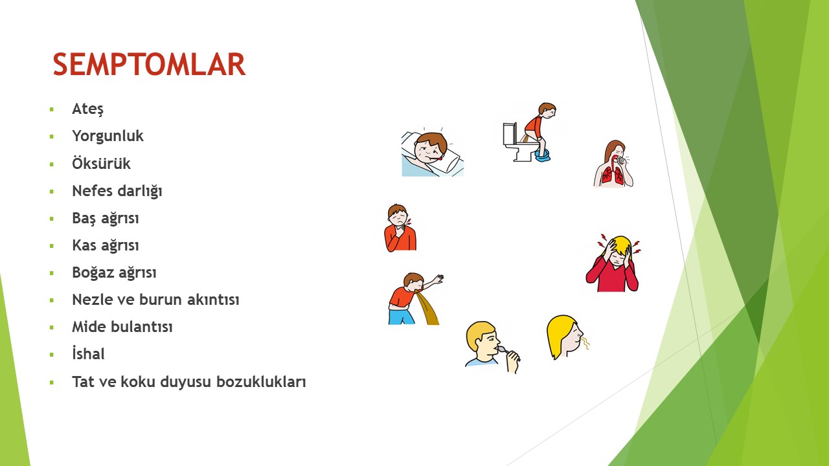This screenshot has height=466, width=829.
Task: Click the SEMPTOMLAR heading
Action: click(x=149, y=64)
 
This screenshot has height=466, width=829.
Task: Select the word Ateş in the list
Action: click(x=87, y=109)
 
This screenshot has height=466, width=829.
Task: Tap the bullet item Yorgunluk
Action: click(x=108, y=136)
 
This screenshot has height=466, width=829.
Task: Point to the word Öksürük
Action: click(x=101, y=163)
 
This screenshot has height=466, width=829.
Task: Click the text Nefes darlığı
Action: click(x=117, y=191)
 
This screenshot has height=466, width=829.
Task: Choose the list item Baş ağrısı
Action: click(x=106, y=218)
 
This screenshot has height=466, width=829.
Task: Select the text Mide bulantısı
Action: click(x=122, y=327)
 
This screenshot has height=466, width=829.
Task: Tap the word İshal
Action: click(x=88, y=353)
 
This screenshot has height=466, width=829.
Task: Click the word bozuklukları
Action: click(x=261, y=382)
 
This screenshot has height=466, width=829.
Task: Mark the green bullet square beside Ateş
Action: click(x=51, y=109)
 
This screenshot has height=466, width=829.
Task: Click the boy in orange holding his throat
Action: click(x=400, y=228)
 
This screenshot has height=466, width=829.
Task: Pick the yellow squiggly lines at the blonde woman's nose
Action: click(x=585, y=343)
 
